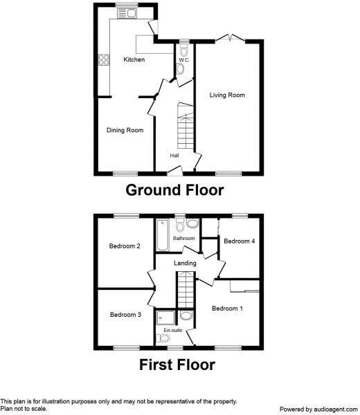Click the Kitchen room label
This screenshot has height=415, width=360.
(134, 60)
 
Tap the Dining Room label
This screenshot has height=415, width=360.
(125, 130)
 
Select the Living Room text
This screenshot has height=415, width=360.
(227, 95)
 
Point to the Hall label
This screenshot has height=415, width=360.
(174, 155)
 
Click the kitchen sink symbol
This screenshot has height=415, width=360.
(127, 12)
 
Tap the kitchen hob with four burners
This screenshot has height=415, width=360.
(104, 59)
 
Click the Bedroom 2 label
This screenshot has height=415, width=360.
(125, 246)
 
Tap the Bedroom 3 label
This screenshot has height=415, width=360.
(125, 315)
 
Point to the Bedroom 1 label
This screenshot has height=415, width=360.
(227, 308)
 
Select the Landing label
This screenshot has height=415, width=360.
(185, 263)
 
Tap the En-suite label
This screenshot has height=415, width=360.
(172, 331)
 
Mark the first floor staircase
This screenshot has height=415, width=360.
(185, 288)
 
